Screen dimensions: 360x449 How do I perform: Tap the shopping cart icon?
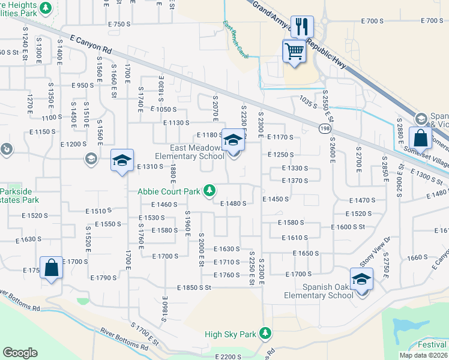tap(294, 51)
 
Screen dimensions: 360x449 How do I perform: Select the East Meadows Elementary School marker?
tap(233, 142)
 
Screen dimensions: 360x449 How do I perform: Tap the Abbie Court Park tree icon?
tap(209, 190)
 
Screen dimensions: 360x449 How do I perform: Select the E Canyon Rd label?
tap(91, 44)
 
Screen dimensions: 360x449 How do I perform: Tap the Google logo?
tap(20, 353)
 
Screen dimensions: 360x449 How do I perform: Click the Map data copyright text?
tap(424, 355)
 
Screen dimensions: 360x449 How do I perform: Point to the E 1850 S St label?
tap(194, 287)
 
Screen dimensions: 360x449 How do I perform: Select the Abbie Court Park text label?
tap(169, 192)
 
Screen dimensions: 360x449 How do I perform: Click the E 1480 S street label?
tap(234, 203)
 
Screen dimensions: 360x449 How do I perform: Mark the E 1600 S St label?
tap(348, 227)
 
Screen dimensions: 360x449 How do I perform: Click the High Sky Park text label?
tap(230, 334)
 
